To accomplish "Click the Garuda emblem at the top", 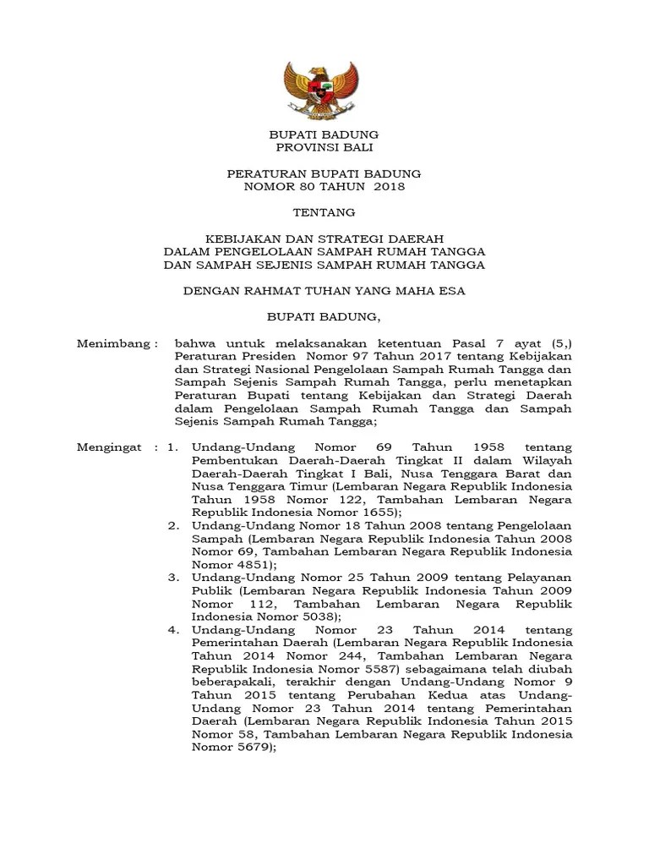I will click(324, 89).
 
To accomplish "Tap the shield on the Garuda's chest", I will click(324, 87).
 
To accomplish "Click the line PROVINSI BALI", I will click(324, 147).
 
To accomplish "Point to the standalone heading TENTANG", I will click(324, 212).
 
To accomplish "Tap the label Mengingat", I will click(111, 447).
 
